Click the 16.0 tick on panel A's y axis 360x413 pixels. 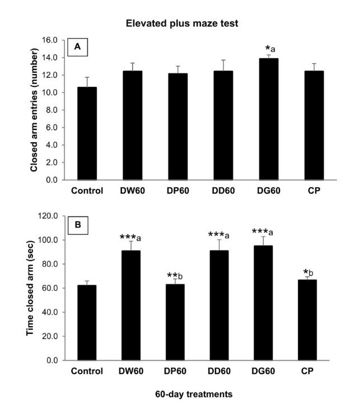click(x=52, y=40)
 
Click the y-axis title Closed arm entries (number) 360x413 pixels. click(x=34, y=110)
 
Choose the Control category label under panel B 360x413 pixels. click(x=87, y=370)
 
